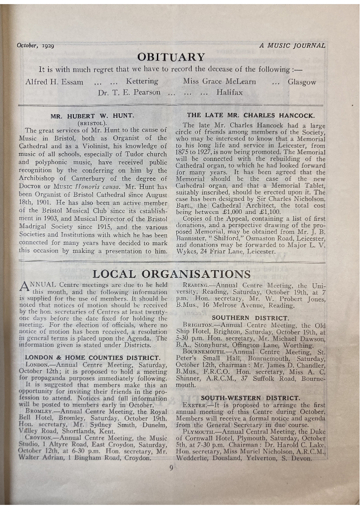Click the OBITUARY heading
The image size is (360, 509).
(x=171, y=58)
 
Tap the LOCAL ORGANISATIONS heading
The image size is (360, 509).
(x=171, y=274)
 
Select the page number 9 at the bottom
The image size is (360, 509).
(x=171, y=468)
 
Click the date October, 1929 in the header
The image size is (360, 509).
(x=35, y=45)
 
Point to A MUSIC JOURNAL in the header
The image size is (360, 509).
(x=292, y=45)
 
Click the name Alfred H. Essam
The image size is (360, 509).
(x=54, y=82)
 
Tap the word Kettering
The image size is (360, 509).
(x=142, y=82)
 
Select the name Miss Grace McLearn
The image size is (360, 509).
(x=219, y=82)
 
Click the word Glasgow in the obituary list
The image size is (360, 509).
(x=302, y=82)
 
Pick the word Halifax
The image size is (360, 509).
(x=229, y=92)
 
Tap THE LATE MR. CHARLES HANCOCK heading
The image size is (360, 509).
(x=251, y=116)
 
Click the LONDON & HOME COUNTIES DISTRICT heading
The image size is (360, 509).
(x=92, y=357)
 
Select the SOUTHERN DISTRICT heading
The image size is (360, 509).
(x=250, y=318)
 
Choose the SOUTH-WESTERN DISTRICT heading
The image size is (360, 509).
(x=250, y=398)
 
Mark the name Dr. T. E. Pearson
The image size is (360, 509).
(x=129, y=92)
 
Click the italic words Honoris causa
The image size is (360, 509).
(x=107, y=187)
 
